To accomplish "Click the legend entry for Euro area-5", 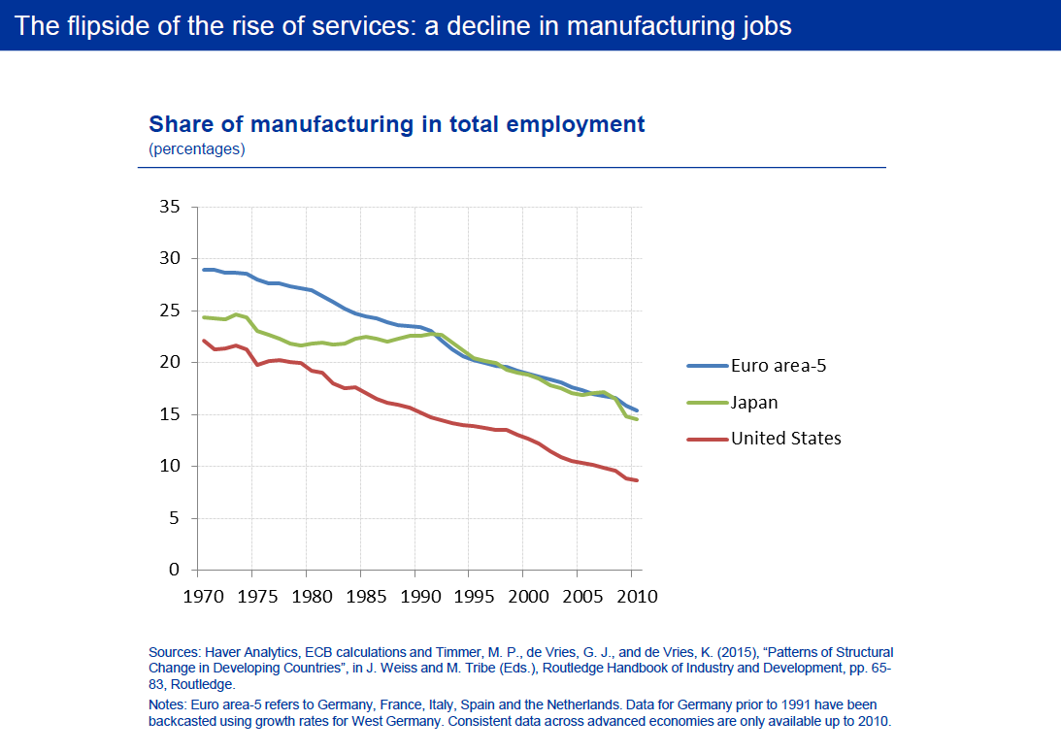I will coord(778,365).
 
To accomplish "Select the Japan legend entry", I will coord(754,402).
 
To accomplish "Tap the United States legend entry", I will coord(785,438).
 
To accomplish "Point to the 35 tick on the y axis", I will coord(170,207).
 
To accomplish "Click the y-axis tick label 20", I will coord(170,362).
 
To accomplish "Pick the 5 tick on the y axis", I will coord(175,518).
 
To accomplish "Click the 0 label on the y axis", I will coord(175,570).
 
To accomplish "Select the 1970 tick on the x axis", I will coord(199,596).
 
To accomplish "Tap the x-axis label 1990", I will coord(415,596).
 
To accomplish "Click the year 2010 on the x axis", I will coord(632,596).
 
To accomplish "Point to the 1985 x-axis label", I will coord(361,596).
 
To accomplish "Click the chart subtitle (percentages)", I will coord(197,149).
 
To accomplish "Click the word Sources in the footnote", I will coord(173,652).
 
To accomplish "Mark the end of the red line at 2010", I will coord(637,480).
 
